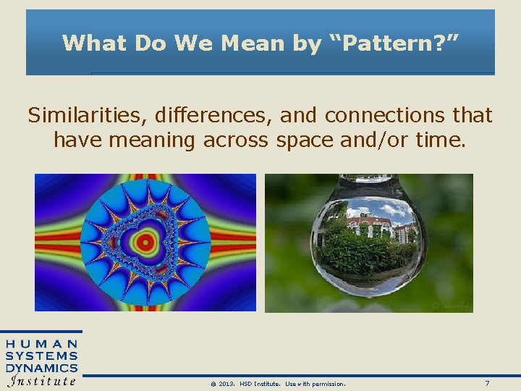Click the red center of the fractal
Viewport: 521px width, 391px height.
click(145, 241)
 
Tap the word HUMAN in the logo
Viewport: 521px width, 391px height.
click(42, 344)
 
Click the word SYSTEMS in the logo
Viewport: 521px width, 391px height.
click(42, 356)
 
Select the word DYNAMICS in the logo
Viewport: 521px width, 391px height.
click(42, 368)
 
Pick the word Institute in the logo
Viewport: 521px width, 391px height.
click(42, 381)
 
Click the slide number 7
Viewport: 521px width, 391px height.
click(487, 383)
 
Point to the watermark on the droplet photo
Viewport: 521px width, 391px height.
click(450, 306)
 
